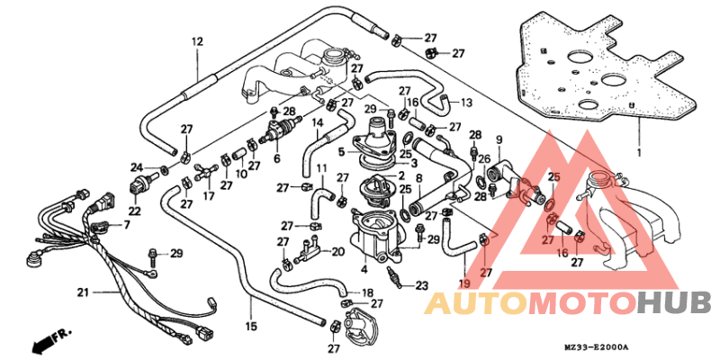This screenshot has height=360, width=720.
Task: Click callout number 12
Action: pyautogui.click(x=197, y=42)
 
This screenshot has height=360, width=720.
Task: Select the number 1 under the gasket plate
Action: pyautogui.click(x=639, y=152)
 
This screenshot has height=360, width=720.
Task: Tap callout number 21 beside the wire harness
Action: pyautogui.click(x=83, y=292)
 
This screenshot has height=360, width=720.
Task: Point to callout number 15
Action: pyautogui.click(x=251, y=327)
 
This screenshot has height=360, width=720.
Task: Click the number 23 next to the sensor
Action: pyautogui.click(x=421, y=286)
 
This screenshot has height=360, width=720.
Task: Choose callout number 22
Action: pyautogui.click(x=134, y=212)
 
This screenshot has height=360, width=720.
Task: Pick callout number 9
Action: pyautogui.click(x=499, y=139)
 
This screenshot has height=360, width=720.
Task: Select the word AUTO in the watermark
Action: pyautogui.click(x=477, y=302)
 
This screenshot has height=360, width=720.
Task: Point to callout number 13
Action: pyautogui.click(x=466, y=103)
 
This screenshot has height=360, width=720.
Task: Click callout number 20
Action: pyautogui.click(x=337, y=252)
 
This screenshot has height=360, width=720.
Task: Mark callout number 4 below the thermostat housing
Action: pyautogui.click(x=364, y=270)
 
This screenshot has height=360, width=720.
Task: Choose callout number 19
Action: pyautogui.click(x=464, y=284)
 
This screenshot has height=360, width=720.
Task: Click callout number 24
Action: pyautogui.click(x=137, y=166)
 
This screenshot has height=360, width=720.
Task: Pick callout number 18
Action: pyautogui.click(x=367, y=292)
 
